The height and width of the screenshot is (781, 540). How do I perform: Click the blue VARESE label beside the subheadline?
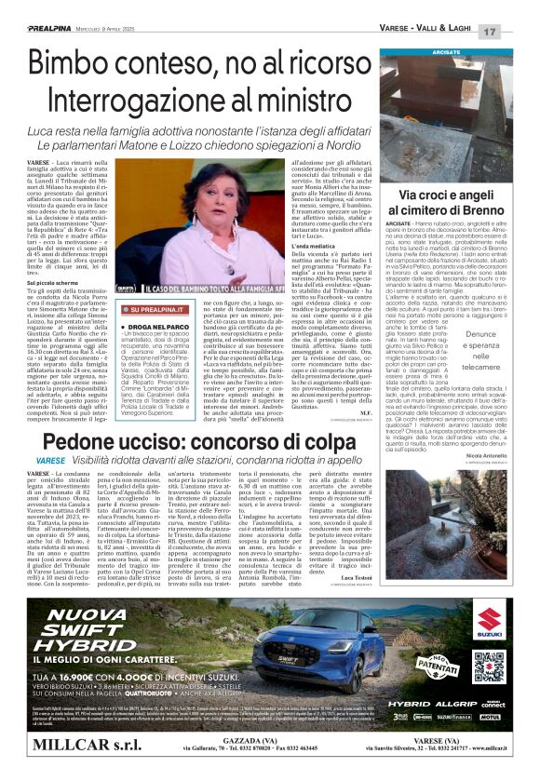[51, 460]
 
